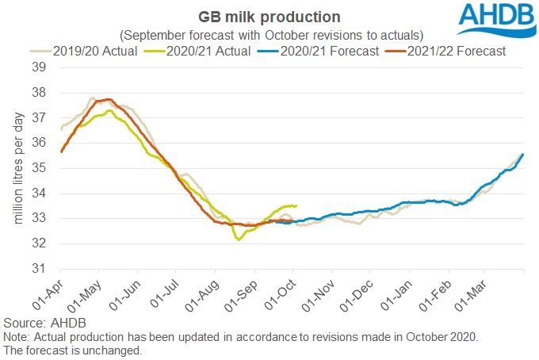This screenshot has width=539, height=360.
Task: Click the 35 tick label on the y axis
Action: point(38,168)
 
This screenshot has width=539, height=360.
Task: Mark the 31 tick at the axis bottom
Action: point(38,268)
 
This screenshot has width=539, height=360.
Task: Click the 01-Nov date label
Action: point(318,293)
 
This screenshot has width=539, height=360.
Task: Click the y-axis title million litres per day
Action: point(17,168)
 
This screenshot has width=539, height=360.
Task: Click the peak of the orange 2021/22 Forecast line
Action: point(108,100)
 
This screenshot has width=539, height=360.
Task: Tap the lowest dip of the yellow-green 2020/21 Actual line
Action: point(239,239)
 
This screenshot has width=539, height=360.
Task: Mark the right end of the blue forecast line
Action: point(523,155)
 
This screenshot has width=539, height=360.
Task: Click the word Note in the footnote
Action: point(16,337)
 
